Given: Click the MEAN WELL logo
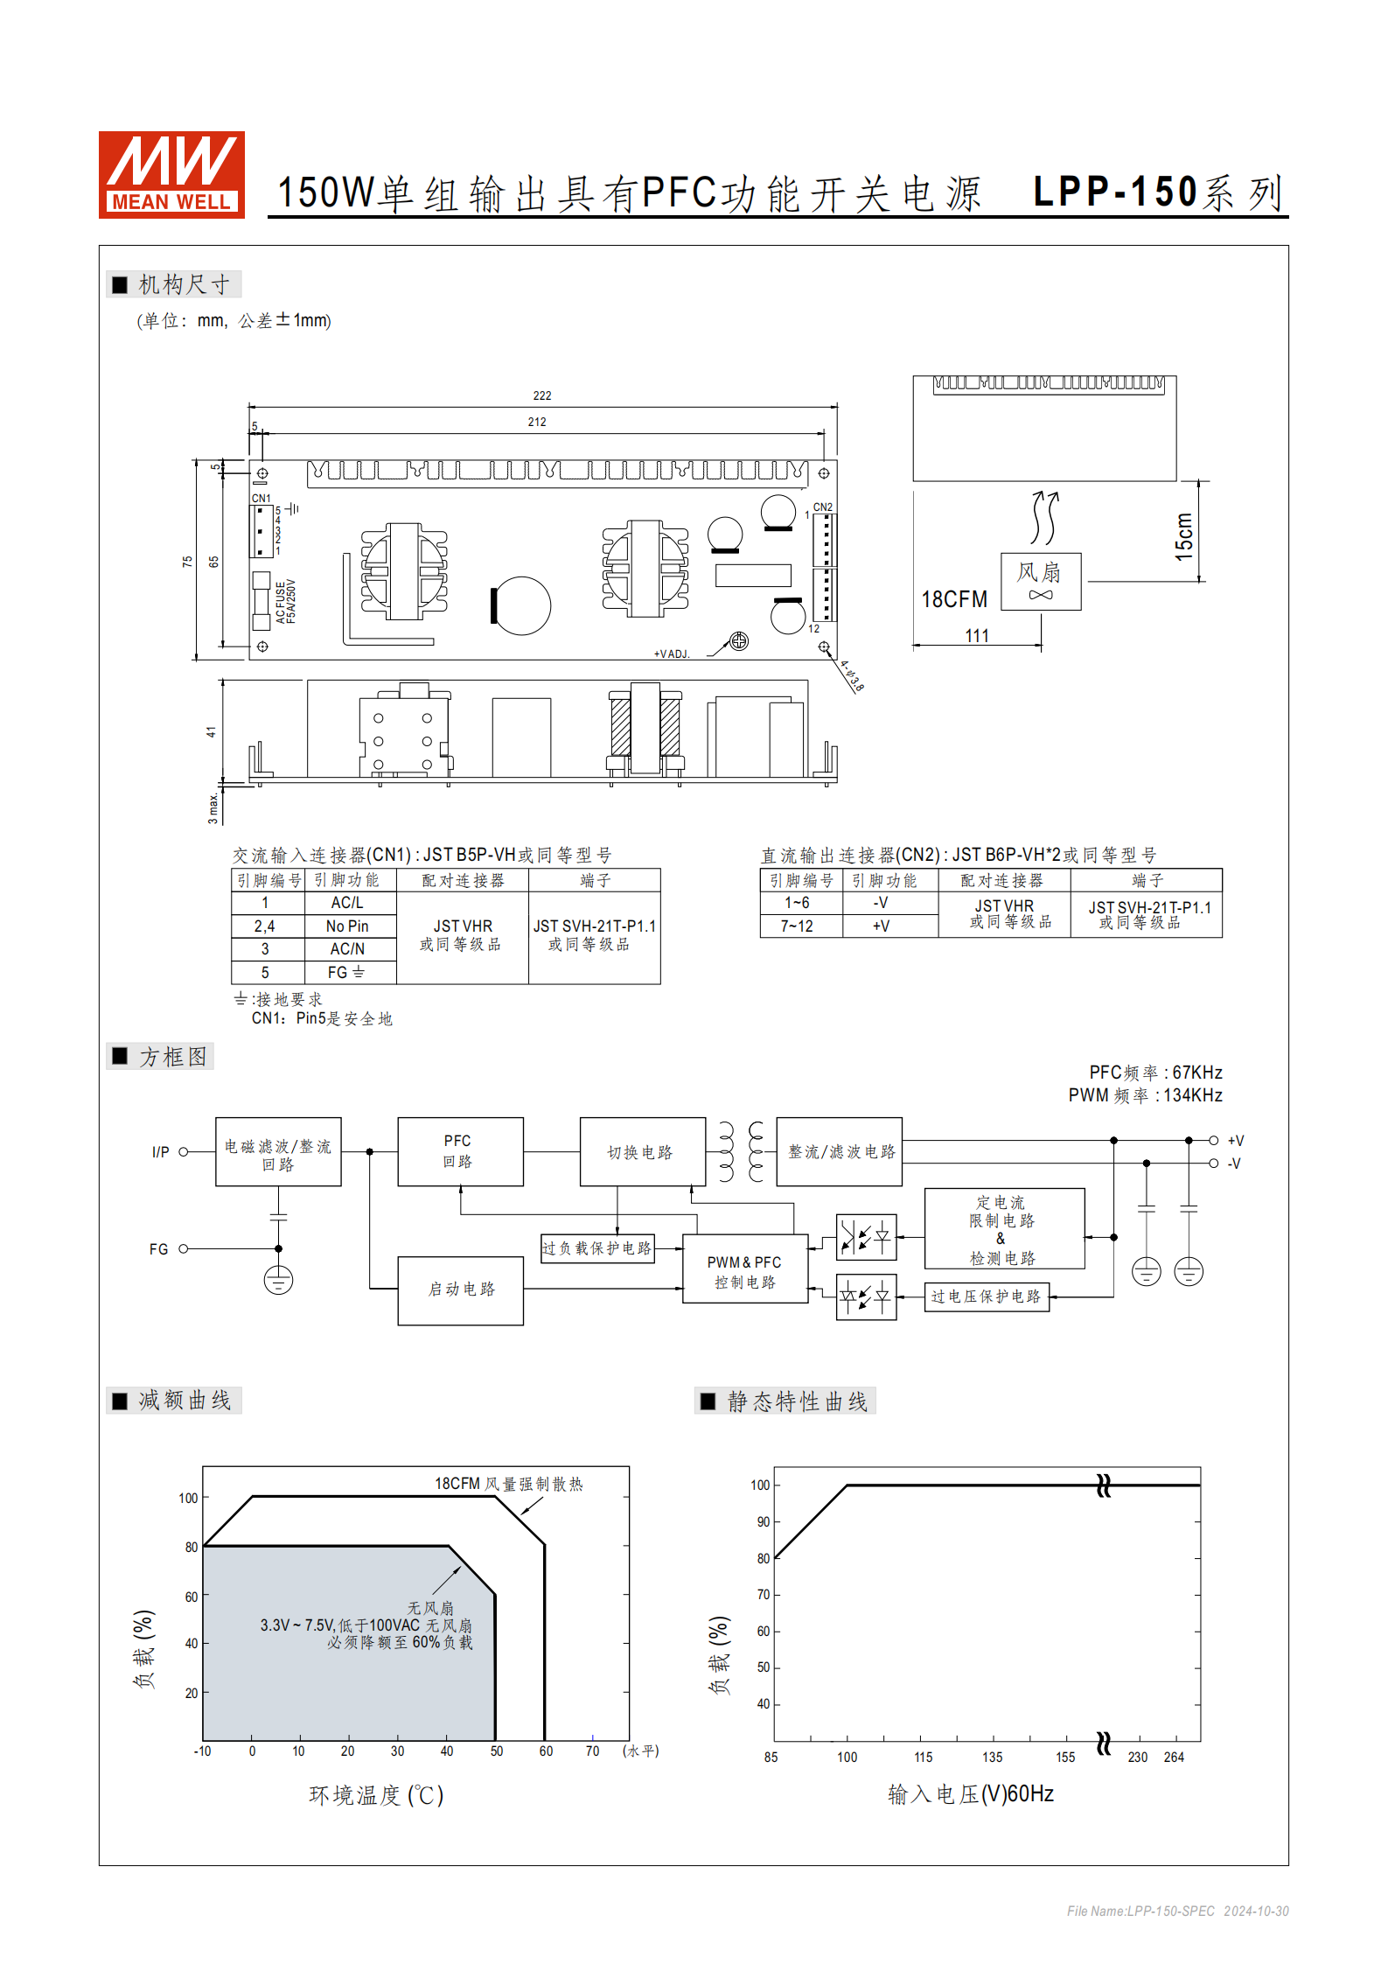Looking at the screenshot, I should pyautogui.click(x=171, y=174).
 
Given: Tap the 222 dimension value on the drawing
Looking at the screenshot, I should pyautogui.click(x=542, y=395).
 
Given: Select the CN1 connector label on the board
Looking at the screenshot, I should pyautogui.click(x=261, y=498).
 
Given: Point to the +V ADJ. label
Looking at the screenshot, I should pyautogui.click(x=672, y=654).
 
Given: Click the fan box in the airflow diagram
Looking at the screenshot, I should pyautogui.click(x=1040, y=581).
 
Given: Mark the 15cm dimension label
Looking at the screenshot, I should pyautogui.click(x=1184, y=536).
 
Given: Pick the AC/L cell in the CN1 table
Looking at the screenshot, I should pyautogui.click(x=347, y=903).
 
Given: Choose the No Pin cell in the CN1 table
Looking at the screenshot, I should pyautogui.click(x=347, y=926).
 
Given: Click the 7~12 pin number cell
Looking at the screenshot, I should pyautogui.click(x=797, y=926).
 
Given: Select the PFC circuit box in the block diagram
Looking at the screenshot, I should pyautogui.click(x=460, y=1151).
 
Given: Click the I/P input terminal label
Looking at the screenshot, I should pyautogui.click(x=161, y=1152).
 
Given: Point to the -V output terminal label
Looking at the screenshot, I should pyautogui.click(x=1234, y=1164).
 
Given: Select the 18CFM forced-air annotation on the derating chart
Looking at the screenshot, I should pyautogui.click(x=508, y=1484).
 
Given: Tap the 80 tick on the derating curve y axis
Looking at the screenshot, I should pyautogui.click(x=191, y=1547).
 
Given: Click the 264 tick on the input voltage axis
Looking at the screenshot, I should pyautogui.click(x=1174, y=1757).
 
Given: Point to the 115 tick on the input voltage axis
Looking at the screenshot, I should pyautogui.click(x=924, y=1757).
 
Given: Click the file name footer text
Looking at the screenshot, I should pyautogui.click(x=1177, y=1911).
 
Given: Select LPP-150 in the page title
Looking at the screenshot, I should pyautogui.click(x=1115, y=192).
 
